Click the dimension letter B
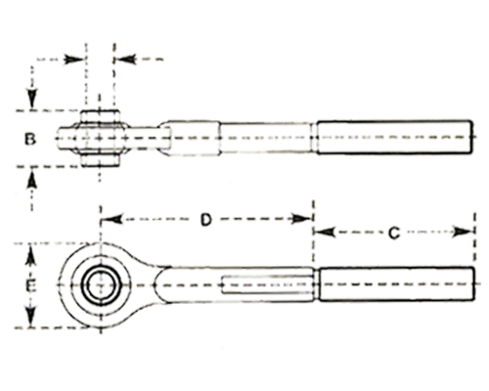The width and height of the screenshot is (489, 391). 30,139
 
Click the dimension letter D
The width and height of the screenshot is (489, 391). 205,219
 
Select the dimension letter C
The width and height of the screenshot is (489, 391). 394,233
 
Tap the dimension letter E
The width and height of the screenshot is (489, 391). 30,286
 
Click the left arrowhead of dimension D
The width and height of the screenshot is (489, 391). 113,219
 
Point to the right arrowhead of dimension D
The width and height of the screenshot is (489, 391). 301,219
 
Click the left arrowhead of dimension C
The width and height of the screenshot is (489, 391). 325,232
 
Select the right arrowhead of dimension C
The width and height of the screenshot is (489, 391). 463,232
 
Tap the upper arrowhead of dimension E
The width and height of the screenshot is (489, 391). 30,256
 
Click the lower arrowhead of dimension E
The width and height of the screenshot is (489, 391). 30,316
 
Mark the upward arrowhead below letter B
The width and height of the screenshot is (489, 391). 31,178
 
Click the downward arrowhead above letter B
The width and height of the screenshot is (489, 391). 32,99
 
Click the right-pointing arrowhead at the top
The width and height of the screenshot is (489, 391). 74,60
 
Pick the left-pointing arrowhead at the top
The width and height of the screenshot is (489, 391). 125,60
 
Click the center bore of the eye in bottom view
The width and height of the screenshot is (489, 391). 101,284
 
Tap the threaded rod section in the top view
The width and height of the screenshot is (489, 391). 394,137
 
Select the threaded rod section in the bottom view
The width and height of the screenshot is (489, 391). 396,284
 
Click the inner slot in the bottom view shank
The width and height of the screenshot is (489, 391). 267,284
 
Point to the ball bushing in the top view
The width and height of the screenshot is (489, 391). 101,139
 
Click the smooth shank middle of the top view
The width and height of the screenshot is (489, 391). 265,137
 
